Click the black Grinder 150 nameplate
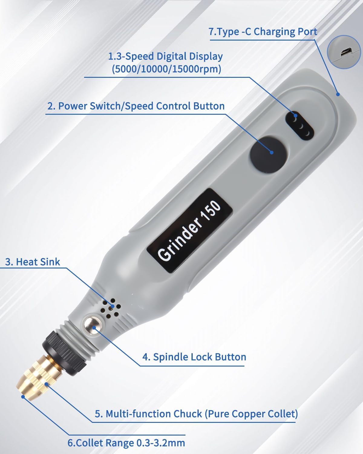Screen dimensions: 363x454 click(190, 231)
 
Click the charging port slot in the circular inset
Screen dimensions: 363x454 click(346, 52)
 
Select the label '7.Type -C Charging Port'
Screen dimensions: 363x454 click(263, 32)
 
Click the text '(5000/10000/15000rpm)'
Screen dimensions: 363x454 click(166, 69)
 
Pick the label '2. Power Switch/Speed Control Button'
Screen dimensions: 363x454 click(136, 106)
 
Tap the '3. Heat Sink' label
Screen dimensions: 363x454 click(32, 262)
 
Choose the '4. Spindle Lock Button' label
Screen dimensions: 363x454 click(194, 357)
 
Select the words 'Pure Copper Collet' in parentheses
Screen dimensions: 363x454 click(252, 414)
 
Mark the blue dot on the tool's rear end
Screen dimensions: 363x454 click(338, 94)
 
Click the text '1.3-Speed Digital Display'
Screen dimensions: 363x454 click(165, 57)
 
